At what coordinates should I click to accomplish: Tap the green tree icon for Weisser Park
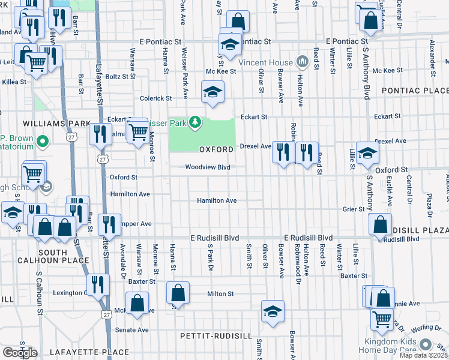pos(194,122)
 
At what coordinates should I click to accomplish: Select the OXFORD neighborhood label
pos(216,149)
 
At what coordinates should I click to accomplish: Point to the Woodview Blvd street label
pos(208,167)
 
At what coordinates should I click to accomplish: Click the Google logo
pos(20,352)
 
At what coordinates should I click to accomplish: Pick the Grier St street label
pos(354,209)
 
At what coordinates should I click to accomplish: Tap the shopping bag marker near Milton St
pos(178,293)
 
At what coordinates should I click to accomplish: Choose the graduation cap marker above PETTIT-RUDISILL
pos(273,311)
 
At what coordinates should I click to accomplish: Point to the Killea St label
pos(14,82)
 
